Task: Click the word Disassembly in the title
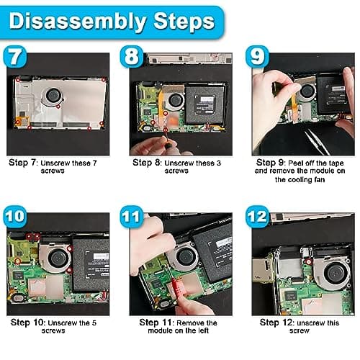tap(78, 22)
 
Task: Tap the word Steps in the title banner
tap(184, 21)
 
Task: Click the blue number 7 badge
tap(15, 56)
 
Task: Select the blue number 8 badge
tap(132, 56)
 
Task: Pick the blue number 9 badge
tap(257, 56)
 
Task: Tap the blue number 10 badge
tap(15, 217)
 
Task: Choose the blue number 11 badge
tap(132, 217)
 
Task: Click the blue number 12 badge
tap(257, 217)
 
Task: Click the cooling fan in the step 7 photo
tap(52, 96)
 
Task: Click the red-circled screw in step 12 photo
tap(309, 262)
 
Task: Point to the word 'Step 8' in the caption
tap(146, 163)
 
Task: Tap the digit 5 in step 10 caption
tap(94, 323)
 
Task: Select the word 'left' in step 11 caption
tap(203, 330)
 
